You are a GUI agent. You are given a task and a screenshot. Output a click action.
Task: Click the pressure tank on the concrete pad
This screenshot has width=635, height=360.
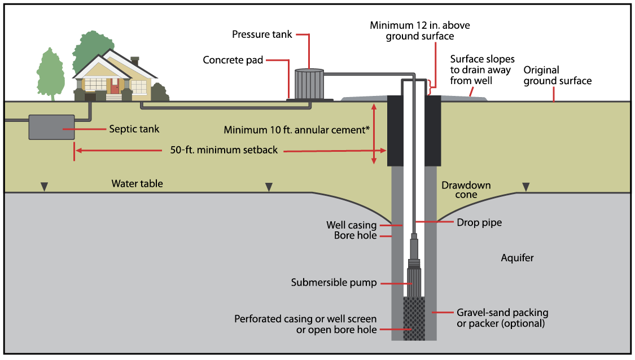point(309,84)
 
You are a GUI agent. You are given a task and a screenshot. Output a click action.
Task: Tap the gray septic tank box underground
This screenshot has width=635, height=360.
point(51,127)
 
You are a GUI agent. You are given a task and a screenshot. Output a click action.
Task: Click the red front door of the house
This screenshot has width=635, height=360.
point(115,86)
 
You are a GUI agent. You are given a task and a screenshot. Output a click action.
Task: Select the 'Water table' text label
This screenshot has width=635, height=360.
point(137,183)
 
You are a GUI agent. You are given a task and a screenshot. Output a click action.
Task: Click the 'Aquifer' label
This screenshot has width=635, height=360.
point(517,258)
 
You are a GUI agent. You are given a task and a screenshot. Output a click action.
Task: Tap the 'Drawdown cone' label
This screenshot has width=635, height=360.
point(466,190)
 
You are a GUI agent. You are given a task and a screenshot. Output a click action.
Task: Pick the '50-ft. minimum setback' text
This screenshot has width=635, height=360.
point(224,151)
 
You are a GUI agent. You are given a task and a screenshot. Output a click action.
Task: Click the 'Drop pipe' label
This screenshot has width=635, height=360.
point(479,223)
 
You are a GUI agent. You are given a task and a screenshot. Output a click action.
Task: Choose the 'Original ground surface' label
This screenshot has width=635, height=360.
point(557,75)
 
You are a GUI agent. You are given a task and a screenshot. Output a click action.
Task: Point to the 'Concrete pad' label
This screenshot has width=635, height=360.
point(233,60)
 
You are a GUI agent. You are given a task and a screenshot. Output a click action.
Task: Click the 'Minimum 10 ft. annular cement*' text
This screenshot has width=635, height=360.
point(297,130)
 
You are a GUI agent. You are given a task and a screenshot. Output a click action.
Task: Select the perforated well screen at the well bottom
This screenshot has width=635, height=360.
point(414,319)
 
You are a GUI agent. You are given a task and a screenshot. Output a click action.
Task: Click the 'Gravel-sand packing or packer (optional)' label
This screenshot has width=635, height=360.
point(502,318)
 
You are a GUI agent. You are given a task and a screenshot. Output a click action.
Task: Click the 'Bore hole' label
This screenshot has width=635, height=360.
point(355,235)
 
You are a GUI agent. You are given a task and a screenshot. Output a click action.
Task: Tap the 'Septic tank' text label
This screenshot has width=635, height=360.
point(134,129)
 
